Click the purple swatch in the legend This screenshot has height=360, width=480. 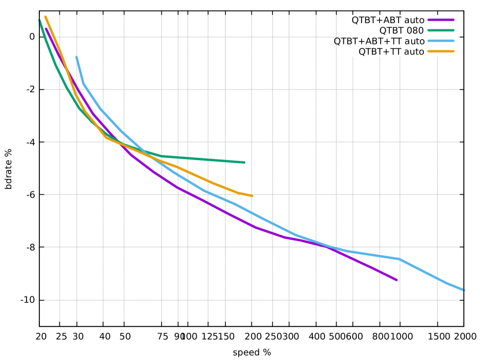click(x=441, y=20)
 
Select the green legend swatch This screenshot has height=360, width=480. click(x=441, y=30)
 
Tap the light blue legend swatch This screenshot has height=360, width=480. click(x=441, y=40)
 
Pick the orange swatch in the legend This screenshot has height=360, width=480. click(x=441, y=51)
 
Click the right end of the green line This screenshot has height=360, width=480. click(x=244, y=162)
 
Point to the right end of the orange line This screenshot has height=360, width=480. click(x=252, y=196)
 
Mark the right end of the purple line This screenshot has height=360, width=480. click(x=397, y=280)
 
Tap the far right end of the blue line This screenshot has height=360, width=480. click(x=464, y=290)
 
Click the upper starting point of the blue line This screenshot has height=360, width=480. click(x=76, y=57)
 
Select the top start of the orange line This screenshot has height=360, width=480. click(x=45, y=17)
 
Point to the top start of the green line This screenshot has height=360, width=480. click(x=39, y=21)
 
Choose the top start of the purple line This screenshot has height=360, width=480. click(x=46, y=29)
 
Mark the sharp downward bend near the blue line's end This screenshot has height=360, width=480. click(x=400, y=258)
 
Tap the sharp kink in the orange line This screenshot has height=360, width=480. click(x=106, y=137)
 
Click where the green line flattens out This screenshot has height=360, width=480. click(x=162, y=155)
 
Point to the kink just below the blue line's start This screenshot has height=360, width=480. click(x=84, y=84)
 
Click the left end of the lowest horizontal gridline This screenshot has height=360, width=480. click(x=45, y=300)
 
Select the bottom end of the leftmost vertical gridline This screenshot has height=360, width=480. click(x=60, y=321)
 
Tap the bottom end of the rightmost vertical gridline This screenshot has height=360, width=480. click(x=437, y=321)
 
